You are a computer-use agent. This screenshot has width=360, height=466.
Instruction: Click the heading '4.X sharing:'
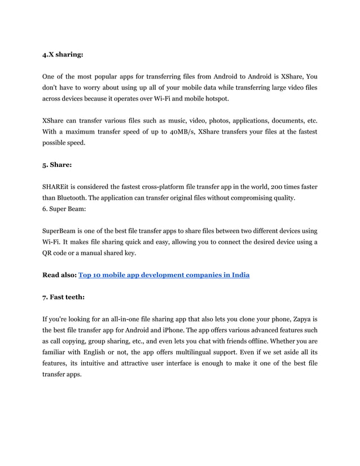point(63,55)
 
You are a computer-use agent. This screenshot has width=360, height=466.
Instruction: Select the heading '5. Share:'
point(56,166)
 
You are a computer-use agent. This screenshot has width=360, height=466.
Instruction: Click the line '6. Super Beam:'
point(64,209)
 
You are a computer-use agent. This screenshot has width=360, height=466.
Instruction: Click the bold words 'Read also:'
point(60,275)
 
